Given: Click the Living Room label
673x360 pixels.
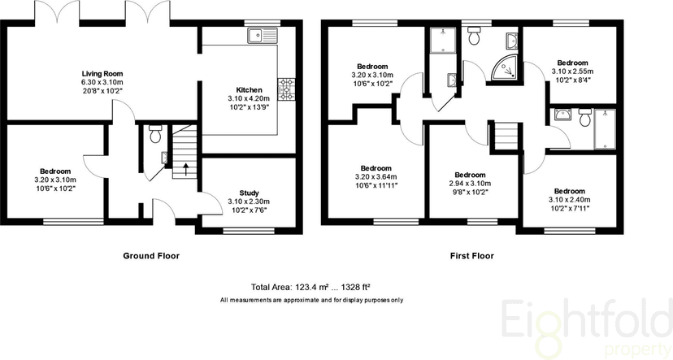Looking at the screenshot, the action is [x=102, y=74].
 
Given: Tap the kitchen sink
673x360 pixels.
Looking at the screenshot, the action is [x=263, y=36].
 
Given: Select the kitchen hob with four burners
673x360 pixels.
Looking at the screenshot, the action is [x=286, y=89].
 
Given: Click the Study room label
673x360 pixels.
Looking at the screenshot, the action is [x=249, y=193].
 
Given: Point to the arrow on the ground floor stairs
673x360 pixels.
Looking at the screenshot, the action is [x=185, y=169].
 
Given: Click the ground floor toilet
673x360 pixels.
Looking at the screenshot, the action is [x=155, y=134].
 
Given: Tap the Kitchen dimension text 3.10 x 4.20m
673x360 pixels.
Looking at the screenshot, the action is [x=249, y=98].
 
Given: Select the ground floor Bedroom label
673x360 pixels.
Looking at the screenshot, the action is [x=55, y=171].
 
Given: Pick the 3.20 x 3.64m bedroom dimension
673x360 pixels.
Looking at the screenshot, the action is [x=376, y=177].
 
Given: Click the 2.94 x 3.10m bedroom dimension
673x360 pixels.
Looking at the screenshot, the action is [x=470, y=183].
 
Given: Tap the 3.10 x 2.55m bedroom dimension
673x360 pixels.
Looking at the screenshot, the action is [x=572, y=72].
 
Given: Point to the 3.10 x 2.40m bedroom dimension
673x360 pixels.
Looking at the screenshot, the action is [x=570, y=200].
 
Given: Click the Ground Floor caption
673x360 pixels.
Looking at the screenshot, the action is [x=151, y=256].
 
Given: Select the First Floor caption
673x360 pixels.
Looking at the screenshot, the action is [x=471, y=256].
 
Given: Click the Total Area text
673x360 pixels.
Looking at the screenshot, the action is [x=310, y=288].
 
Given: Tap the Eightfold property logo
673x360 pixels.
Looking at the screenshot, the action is [x=586, y=326].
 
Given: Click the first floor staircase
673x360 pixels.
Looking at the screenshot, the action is [x=507, y=136].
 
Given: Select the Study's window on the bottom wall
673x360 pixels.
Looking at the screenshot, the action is [x=249, y=231].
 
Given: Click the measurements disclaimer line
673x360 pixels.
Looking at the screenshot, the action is [x=311, y=301].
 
